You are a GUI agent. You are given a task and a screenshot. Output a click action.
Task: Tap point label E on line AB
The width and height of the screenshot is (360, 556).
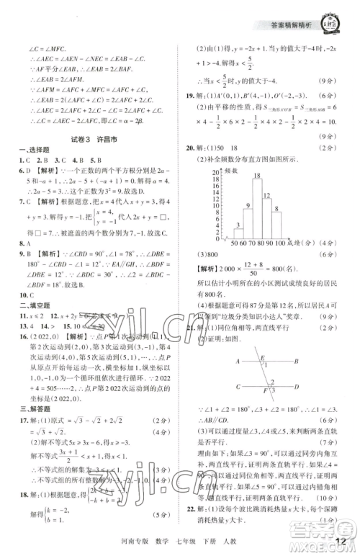pos(263,356)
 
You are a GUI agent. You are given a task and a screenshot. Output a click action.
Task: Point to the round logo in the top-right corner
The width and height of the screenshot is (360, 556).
pos(332,16)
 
